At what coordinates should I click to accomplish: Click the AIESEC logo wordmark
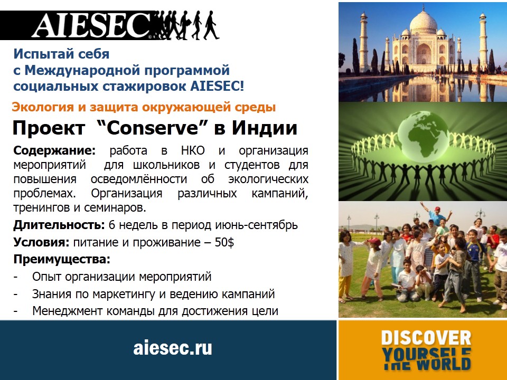(x=92, y=25)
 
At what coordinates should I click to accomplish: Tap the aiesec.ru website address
(x=173, y=348)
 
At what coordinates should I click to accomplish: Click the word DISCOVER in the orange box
(x=426, y=338)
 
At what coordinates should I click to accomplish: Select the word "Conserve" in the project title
(x=152, y=127)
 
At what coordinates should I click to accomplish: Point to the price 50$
(x=224, y=242)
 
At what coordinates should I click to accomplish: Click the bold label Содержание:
(x=54, y=150)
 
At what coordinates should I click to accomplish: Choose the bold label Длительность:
(x=59, y=225)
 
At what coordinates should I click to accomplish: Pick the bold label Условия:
(x=41, y=242)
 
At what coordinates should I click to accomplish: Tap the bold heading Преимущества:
(x=62, y=260)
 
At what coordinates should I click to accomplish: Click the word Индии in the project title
(x=265, y=127)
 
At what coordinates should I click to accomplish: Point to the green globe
(x=423, y=136)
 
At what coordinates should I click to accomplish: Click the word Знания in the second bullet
(x=52, y=294)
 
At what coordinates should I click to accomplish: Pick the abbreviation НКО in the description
(x=193, y=150)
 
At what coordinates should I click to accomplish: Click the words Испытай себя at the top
(x=61, y=54)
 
